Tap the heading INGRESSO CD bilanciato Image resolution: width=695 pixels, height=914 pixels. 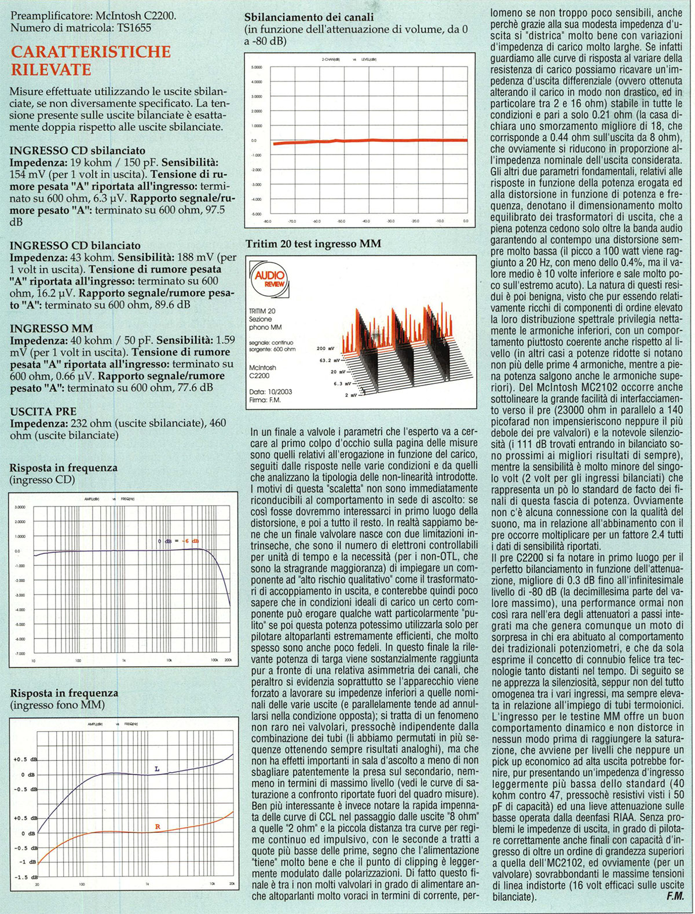point(75,245)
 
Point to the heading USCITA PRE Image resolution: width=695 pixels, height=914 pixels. point(43,412)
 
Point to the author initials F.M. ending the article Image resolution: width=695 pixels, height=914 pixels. point(675,897)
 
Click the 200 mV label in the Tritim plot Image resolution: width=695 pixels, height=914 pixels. point(325,348)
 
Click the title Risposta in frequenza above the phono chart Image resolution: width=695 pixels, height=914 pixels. point(64,693)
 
